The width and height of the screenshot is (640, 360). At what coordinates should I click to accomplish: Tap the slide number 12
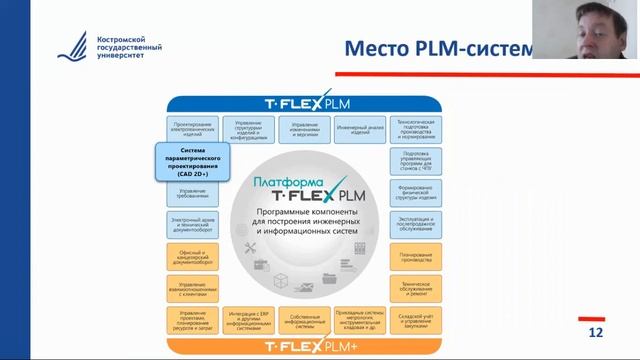pos(597,331)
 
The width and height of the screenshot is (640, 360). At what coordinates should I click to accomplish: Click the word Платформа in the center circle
pos(276,182)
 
